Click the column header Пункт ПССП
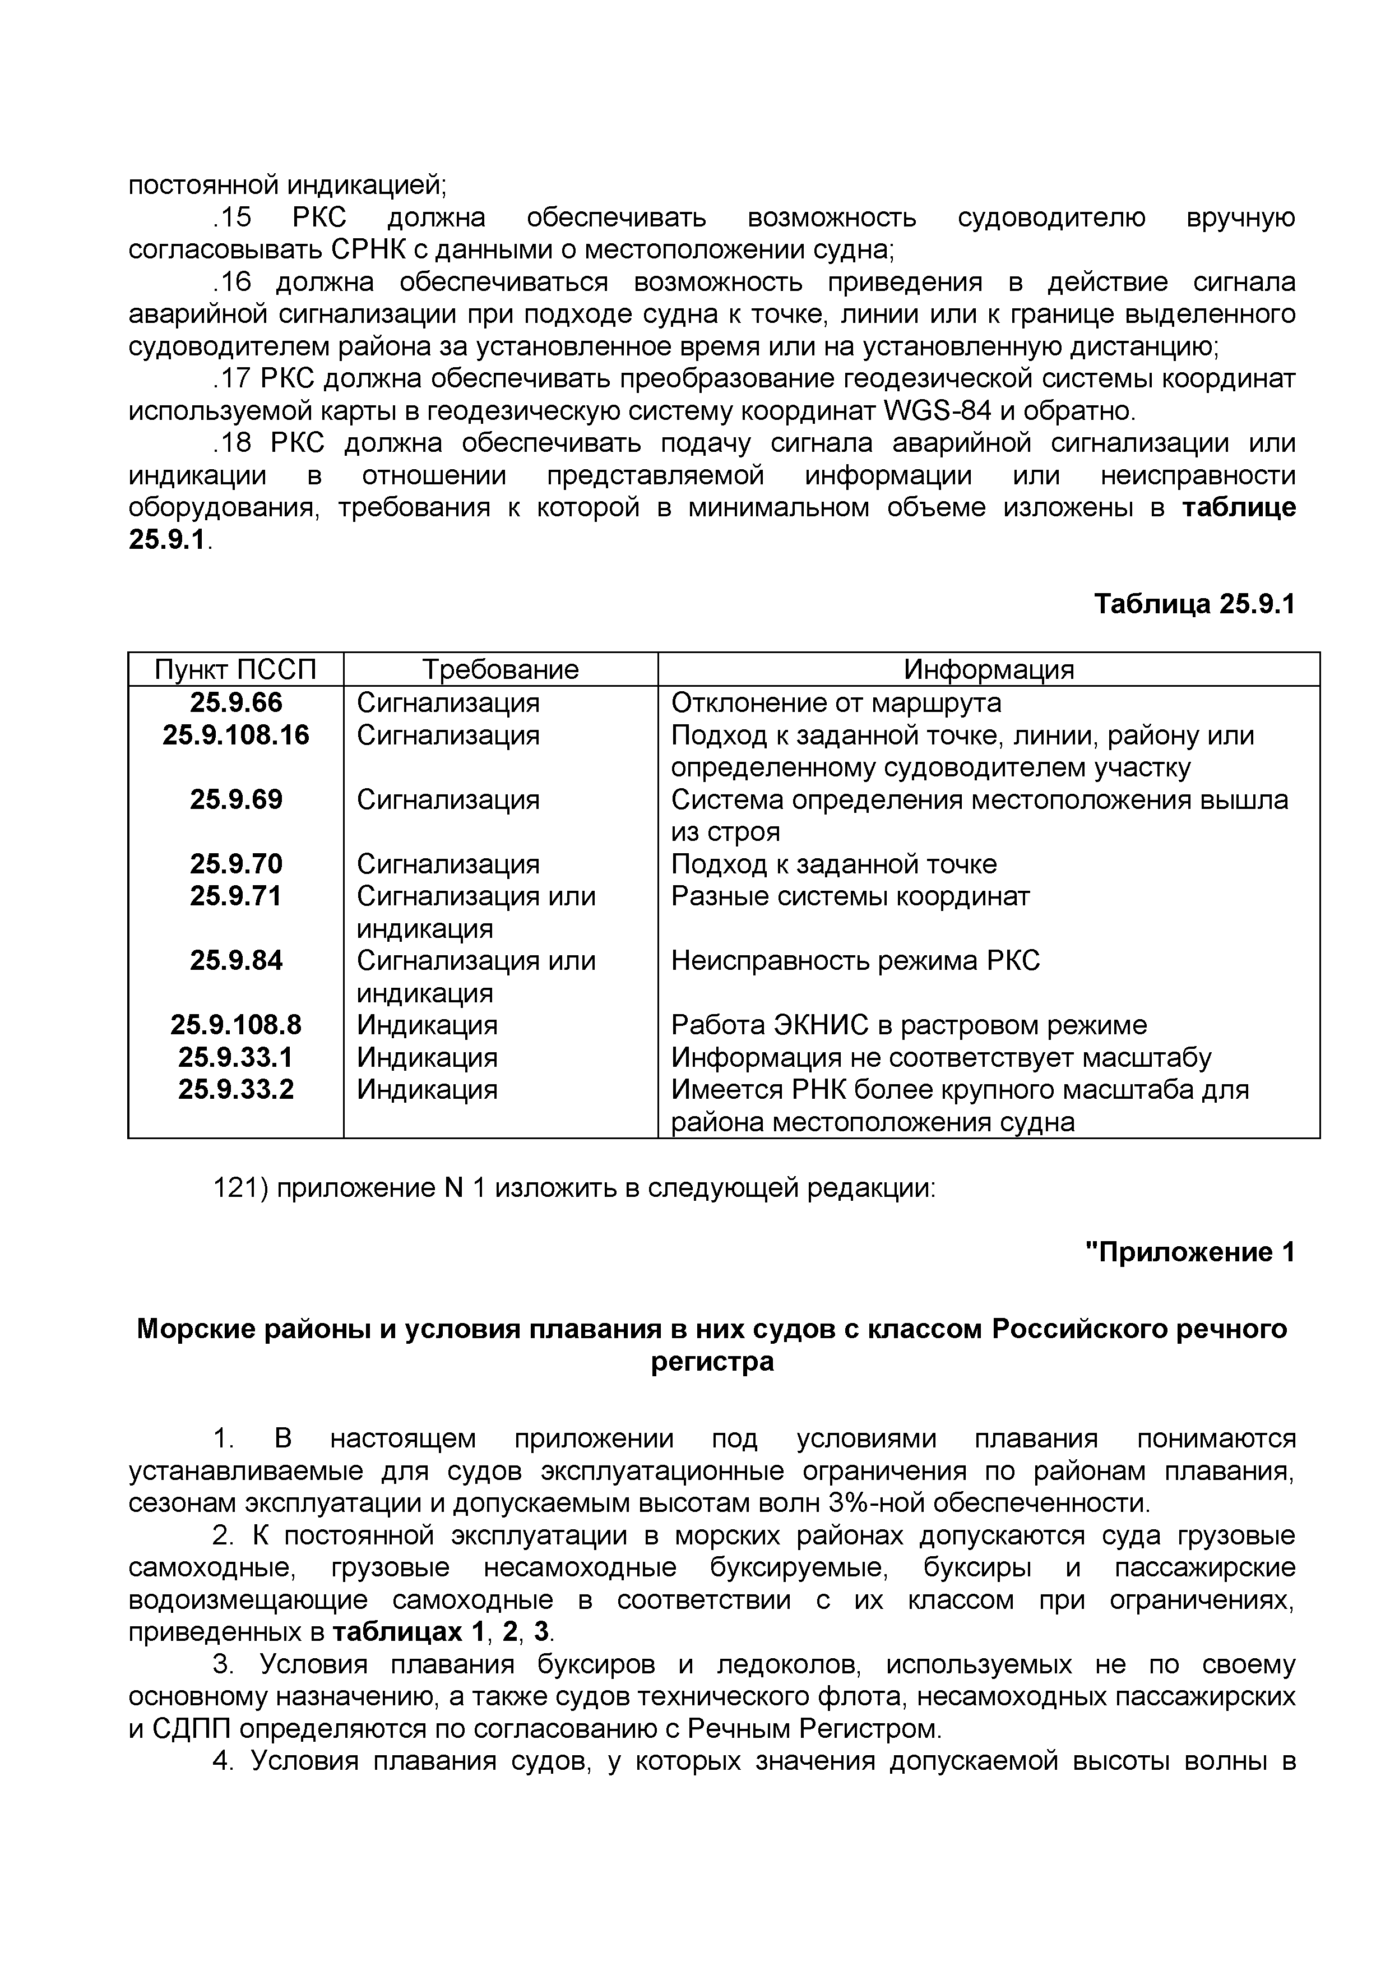pos(235,669)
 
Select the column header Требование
pos(501,669)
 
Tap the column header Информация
pos(989,669)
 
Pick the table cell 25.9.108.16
pos(235,735)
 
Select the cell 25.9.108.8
pos(235,1024)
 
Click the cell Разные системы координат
pos(850,896)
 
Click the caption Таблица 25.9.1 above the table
pos(1195,604)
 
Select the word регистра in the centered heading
pos(712,1362)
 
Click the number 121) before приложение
pos(240,1188)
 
